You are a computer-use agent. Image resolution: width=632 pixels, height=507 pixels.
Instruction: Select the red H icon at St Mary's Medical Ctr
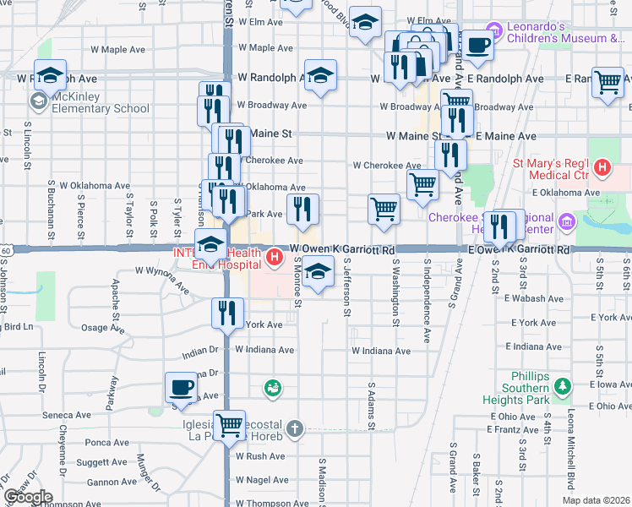tap(602, 168)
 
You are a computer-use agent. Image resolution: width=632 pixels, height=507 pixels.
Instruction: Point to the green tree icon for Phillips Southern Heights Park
tap(563, 388)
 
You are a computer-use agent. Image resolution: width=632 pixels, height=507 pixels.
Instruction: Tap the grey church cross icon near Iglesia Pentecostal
tap(293, 428)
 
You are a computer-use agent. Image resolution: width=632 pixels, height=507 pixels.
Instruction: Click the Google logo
tap(27, 497)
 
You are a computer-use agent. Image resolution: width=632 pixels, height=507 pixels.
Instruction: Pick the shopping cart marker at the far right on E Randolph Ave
tap(607, 82)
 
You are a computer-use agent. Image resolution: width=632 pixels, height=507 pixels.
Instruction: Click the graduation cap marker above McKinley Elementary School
tap(50, 76)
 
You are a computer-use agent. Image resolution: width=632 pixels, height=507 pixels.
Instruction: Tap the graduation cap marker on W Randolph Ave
tap(320, 76)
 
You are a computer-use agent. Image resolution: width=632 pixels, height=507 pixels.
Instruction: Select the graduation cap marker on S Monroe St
tap(317, 272)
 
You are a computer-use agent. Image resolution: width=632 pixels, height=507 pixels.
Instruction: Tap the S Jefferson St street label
tap(347, 287)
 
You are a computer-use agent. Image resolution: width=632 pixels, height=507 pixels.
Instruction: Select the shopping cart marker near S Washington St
tap(384, 209)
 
